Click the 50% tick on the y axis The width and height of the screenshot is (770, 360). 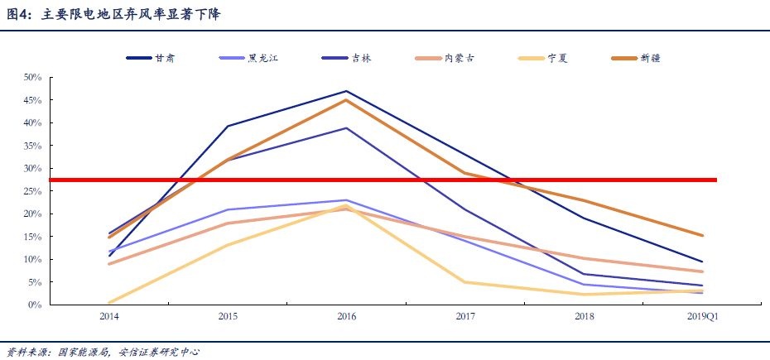click(32, 77)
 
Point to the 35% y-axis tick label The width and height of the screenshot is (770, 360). click(32, 146)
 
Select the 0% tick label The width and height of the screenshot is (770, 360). click(35, 305)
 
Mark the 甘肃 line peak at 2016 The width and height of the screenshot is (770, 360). click(347, 91)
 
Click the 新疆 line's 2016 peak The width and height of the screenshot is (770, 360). click(347, 100)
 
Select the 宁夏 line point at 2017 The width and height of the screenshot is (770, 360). click(465, 282)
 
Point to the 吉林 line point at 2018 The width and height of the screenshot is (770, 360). click(584, 274)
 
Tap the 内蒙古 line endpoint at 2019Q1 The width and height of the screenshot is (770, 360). click(702, 271)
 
